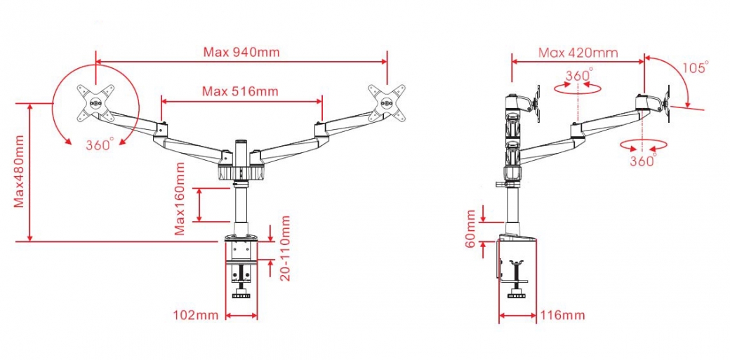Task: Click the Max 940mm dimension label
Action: pos(241,51)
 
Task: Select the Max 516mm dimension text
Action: pos(240,91)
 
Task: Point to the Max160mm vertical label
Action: pos(180,199)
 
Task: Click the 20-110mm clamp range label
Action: pos(285,248)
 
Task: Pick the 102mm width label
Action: pos(196,315)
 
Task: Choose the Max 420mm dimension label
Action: pos(578,52)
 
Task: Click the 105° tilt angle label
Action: pos(696,67)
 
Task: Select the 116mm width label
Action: pos(562,315)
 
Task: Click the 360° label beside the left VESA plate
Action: pos(99,145)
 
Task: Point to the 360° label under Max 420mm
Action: pos(579,74)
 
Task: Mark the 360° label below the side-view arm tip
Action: pos(642,161)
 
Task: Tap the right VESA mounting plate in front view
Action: pos(386,101)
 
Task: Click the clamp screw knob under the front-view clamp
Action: pos(242,293)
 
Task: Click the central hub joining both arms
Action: pos(241,165)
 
